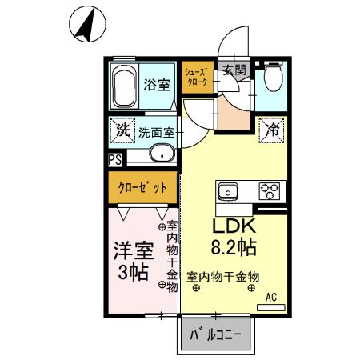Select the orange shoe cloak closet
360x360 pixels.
pyautogui.click(x=197, y=77)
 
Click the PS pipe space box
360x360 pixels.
pyautogui.click(x=116, y=159)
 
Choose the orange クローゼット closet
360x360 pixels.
pyautogui.click(x=144, y=188)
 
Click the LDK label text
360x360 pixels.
pyautogui.click(x=233, y=226)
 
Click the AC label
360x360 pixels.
pyautogui.click(x=271, y=297)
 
